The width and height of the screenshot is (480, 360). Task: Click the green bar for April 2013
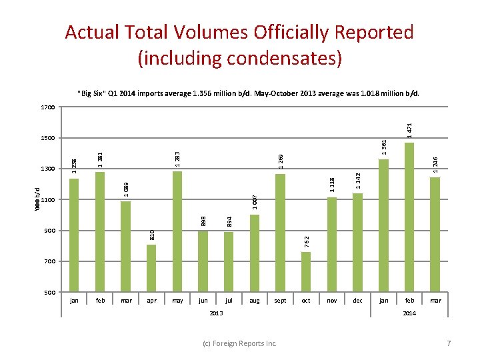pos(151,268)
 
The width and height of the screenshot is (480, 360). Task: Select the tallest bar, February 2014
pos(409,217)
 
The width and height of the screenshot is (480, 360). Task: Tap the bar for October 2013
pos(306,271)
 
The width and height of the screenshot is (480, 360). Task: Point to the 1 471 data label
pos(409,129)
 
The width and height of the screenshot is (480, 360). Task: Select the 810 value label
pos(152,234)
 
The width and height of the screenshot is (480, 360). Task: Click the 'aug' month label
pos(254,301)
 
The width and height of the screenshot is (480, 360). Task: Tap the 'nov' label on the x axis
pos(331,301)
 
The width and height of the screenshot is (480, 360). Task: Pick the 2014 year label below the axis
pos(409,313)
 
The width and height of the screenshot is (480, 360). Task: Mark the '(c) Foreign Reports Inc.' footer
pos(240,343)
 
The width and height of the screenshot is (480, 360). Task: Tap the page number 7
pos(449,343)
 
